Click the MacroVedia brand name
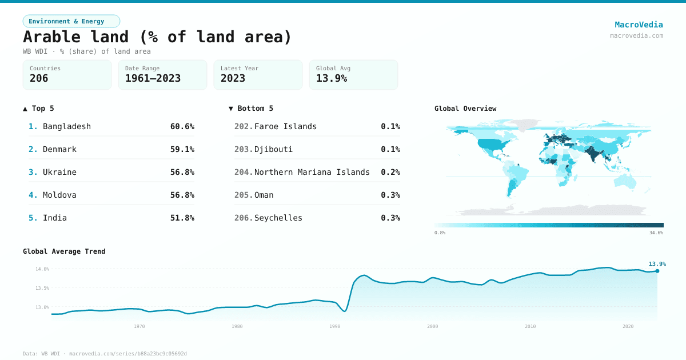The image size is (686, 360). click(639, 25)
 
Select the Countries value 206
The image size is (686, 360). click(39, 78)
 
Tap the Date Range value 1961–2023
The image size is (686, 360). click(153, 78)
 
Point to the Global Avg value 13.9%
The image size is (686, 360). click(332, 78)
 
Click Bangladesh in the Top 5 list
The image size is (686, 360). click(66, 126)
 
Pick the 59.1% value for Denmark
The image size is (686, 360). click(182, 149)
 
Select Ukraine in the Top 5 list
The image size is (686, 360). click(59, 172)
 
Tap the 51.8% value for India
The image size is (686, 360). click(182, 218)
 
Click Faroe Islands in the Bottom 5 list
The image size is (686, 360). click(285, 126)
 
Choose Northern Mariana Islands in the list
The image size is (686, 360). click(312, 172)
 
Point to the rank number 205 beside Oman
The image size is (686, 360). click(243, 195)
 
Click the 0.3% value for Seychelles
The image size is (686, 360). click(390, 218)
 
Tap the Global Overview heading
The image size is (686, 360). click(465, 109)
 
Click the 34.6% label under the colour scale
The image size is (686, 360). click(656, 233)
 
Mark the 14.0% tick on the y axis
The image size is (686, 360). click(42, 269)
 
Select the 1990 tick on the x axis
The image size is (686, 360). click(334, 326)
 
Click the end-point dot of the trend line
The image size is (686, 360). click(657, 271)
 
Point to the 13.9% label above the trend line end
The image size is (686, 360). click(657, 264)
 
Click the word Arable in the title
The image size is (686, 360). click(53, 37)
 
